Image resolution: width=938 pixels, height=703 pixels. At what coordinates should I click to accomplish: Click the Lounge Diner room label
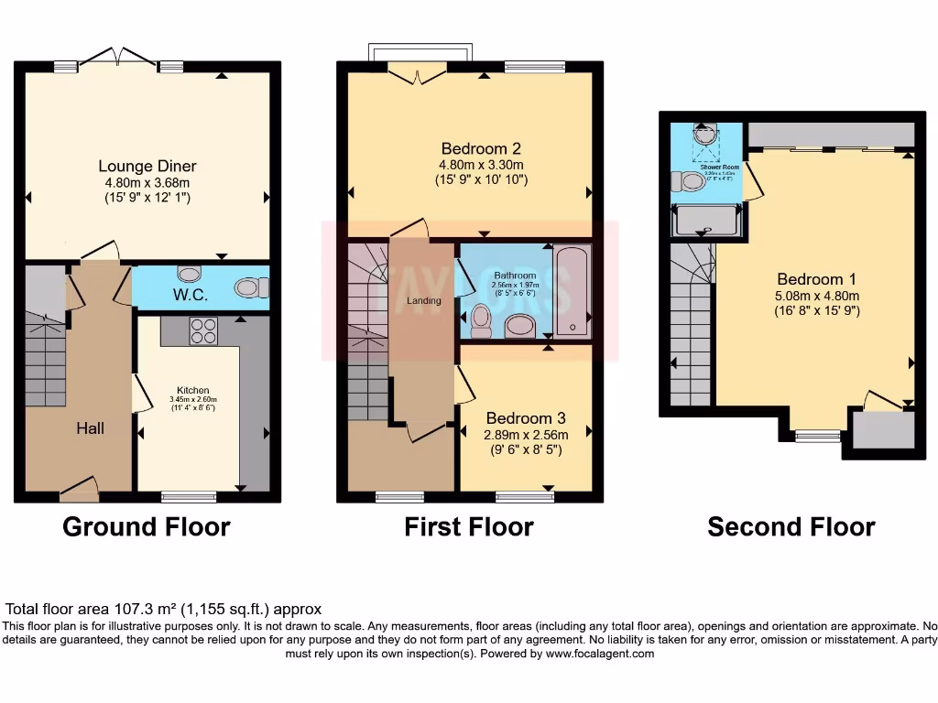(x=147, y=166)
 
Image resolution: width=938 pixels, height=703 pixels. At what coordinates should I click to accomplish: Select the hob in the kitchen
(x=202, y=330)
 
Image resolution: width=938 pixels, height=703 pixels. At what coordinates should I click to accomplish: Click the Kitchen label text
(x=193, y=390)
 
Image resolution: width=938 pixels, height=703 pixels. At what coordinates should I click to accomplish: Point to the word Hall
(x=90, y=427)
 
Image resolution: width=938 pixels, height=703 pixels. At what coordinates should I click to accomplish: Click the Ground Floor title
(x=147, y=527)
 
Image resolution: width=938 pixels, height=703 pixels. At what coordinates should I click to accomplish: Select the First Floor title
(x=469, y=527)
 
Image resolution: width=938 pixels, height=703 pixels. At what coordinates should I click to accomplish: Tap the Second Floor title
(x=791, y=527)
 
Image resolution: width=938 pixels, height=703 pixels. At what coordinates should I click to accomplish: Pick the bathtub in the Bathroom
(x=573, y=291)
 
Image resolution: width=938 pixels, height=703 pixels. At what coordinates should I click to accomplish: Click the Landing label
(x=424, y=300)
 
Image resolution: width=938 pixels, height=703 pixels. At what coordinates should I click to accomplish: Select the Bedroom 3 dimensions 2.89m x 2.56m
(x=526, y=435)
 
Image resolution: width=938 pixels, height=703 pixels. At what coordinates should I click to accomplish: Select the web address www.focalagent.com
(x=596, y=654)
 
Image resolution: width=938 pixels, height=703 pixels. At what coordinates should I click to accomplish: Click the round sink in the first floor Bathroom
(x=519, y=325)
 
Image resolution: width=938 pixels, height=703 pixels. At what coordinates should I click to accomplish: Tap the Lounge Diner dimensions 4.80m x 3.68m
(x=147, y=182)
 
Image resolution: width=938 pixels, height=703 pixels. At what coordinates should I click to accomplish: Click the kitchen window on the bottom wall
(x=189, y=497)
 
